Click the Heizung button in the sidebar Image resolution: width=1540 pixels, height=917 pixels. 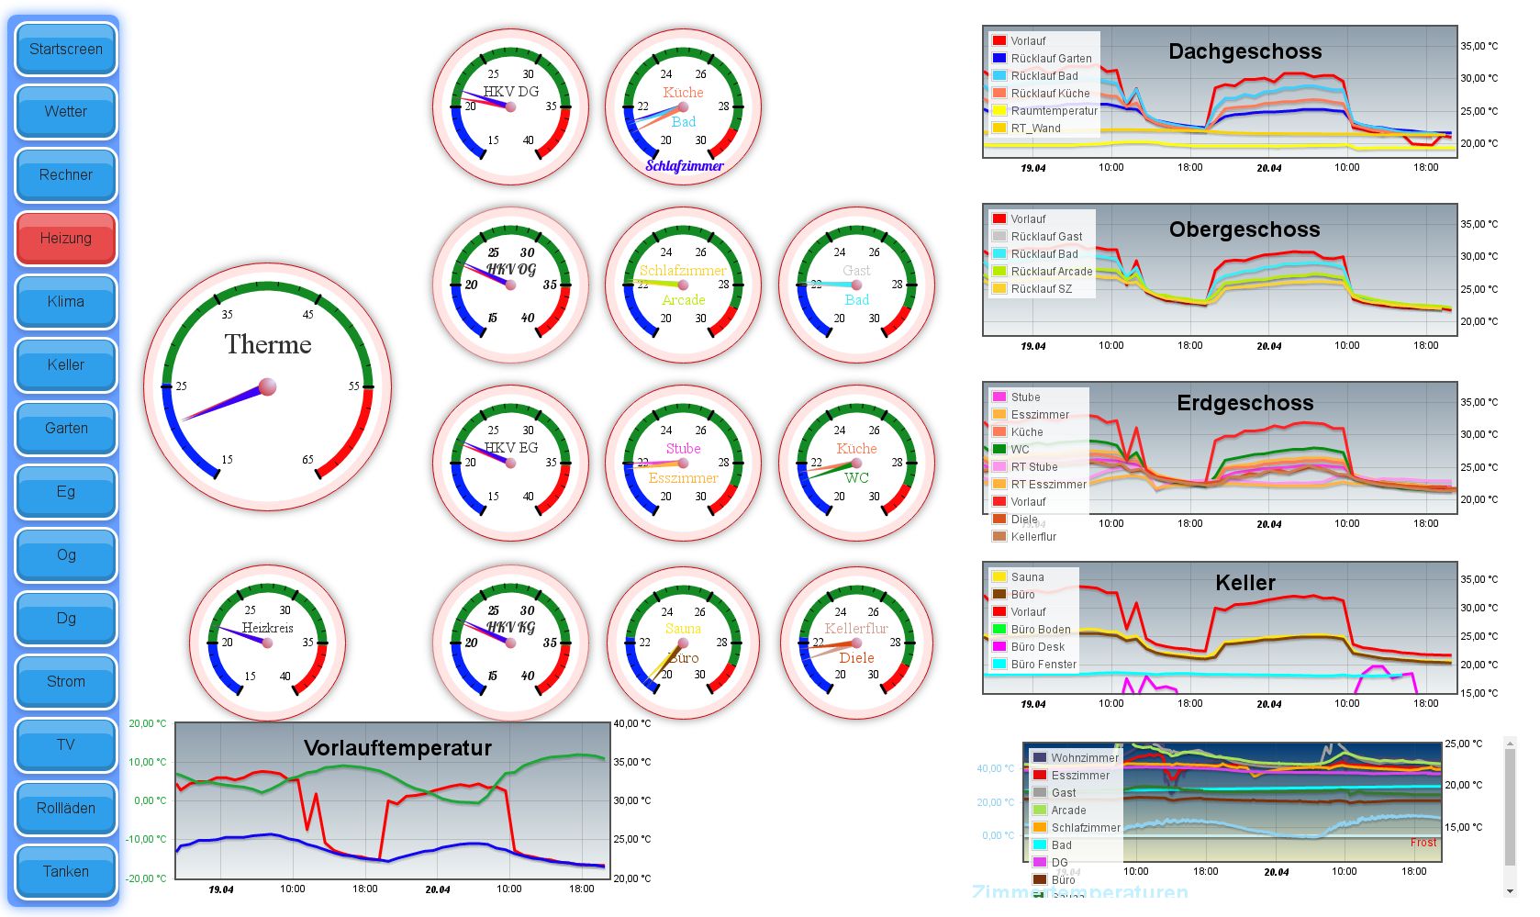coord(66,239)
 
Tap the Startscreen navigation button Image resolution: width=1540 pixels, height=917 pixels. coord(66,50)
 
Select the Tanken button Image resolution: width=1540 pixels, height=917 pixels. coord(66,872)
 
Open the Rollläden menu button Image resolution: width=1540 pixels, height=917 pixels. coord(66,809)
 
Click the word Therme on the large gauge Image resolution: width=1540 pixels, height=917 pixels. coord(268,345)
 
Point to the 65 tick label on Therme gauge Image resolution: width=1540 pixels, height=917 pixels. coord(307,460)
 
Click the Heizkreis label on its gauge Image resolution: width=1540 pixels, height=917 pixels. coord(267,628)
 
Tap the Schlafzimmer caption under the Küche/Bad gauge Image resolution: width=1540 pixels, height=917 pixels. coord(685,166)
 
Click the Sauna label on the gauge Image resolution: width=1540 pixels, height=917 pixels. coord(683,629)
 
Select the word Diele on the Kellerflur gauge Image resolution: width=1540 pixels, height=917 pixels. coord(856,658)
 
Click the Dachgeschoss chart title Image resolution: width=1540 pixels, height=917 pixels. coord(1244,52)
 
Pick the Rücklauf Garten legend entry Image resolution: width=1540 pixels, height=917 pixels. coord(1051,59)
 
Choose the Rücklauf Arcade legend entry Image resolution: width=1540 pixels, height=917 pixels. coord(1051,272)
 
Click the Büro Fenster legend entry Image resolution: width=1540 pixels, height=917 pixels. coord(1043,665)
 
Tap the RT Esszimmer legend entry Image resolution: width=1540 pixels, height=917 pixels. coord(1048,485)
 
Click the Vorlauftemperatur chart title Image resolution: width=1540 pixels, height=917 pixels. coord(397,748)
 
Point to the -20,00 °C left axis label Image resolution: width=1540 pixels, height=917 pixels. coord(147,878)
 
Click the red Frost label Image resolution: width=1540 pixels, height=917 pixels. coord(1423,843)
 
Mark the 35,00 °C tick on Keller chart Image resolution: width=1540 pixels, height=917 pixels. coord(1479,579)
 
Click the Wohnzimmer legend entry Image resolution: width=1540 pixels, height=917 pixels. coord(1084,758)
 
